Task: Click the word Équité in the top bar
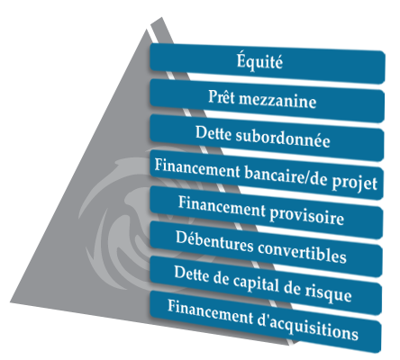pyautogui.click(x=259, y=61)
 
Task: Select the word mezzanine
pyautogui.click(x=277, y=100)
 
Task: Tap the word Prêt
pyautogui.click(x=222, y=96)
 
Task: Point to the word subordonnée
pyautogui.click(x=283, y=139)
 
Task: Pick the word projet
pyautogui.click(x=355, y=183)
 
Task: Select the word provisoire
pyautogui.click(x=307, y=215)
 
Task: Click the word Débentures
pyautogui.click(x=214, y=242)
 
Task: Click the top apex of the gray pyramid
pyautogui.click(x=147, y=29)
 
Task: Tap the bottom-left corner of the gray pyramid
pyautogui.click(x=10, y=301)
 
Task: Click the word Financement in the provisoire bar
pyautogui.click(x=223, y=206)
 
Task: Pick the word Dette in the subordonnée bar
pyautogui.click(x=214, y=133)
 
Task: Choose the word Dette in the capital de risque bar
pyautogui.click(x=192, y=274)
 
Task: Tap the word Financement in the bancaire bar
pyautogui.click(x=197, y=169)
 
